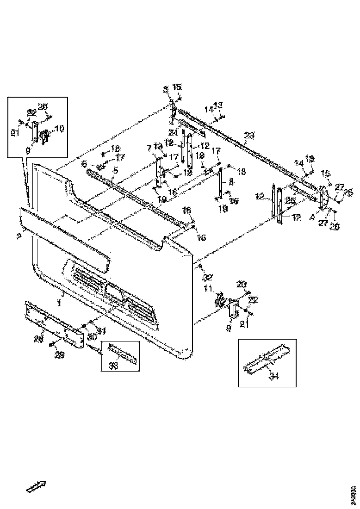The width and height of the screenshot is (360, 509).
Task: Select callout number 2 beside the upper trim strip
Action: pos(19,236)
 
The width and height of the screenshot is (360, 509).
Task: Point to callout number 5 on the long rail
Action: pos(115,170)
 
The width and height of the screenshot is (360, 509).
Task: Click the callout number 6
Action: pos(84,164)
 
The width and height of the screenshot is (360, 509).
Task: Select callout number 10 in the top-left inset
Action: pos(60,128)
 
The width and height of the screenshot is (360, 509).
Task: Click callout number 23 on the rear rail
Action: pos(249,136)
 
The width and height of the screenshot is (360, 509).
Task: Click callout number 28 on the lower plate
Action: pos(39,339)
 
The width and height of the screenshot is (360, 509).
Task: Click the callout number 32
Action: pos(208,278)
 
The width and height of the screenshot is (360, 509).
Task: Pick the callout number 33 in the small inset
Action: pos(113,366)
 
